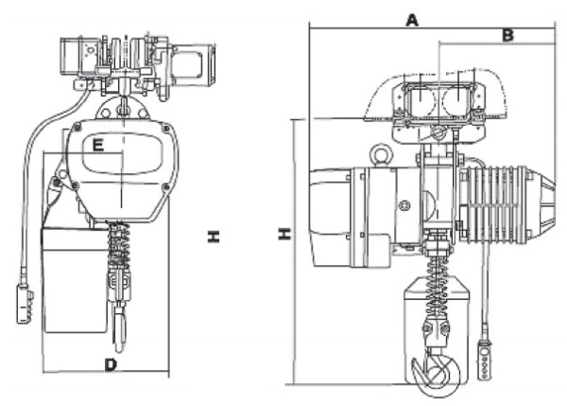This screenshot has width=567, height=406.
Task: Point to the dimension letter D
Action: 110,364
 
